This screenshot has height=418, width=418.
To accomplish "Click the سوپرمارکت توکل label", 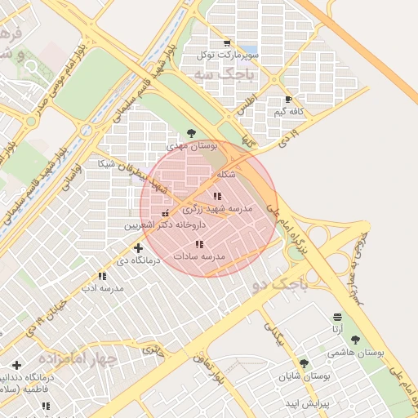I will pos(227,56).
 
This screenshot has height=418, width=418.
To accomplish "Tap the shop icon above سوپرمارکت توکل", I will pos(227,43).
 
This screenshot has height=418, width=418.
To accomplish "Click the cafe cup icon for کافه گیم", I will pos(289,98).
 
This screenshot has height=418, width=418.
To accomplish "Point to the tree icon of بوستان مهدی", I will pos(191,132).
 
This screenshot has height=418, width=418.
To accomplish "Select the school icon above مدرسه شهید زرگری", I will pos(216,196).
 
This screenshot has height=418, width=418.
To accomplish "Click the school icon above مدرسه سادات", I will pos(199,244).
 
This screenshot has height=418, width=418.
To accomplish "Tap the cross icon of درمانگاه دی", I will pos(138,247).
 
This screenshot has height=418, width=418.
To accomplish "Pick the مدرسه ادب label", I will pos(102,288).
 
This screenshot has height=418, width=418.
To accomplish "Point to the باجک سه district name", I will pos(225,74).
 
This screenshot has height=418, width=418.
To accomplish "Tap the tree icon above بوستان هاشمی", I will pos(355,340).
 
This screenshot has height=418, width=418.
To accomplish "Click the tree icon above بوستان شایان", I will pos(305,363).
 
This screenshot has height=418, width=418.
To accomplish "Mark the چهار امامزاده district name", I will pos(83,358).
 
